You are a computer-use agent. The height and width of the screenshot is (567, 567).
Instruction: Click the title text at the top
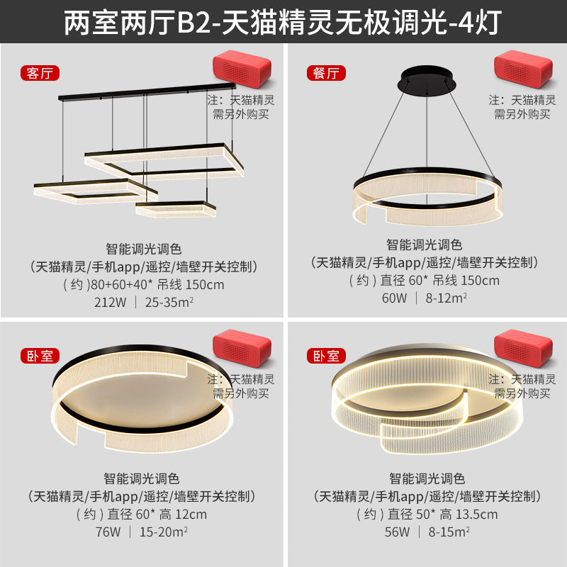pos(283,22)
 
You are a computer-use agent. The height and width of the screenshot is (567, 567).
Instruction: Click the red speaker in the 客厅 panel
pos(242,69)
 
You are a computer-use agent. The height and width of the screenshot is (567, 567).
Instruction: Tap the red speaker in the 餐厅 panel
pos(523,69)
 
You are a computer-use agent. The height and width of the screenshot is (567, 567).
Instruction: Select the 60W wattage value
pos(395,298)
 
